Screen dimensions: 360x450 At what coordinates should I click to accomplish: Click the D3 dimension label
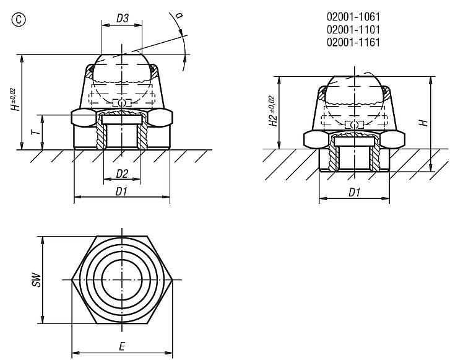(122, 19)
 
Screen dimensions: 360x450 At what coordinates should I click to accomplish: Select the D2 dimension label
(121, 173)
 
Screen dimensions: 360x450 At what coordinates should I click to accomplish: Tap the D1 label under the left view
(121, 191)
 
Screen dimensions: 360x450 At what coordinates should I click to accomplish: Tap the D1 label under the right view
(353, 193)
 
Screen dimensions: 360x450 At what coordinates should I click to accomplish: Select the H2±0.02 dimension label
(272, 112)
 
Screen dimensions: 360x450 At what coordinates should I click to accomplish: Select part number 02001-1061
(353, 17)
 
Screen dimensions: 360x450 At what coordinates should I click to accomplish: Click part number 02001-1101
(353, 29)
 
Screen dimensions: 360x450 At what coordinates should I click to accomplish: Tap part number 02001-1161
(353, 42)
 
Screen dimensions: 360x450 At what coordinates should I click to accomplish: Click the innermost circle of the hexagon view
(122, 279)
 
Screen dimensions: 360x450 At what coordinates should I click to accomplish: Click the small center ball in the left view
(123, 102)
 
